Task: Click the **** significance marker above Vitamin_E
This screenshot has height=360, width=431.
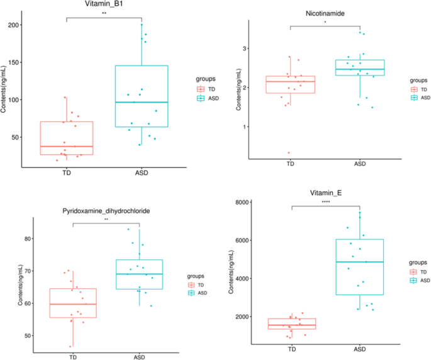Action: pos(325,202)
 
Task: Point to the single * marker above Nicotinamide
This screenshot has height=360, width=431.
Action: pos(325,23)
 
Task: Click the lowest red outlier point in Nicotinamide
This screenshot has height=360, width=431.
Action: pos(289,153)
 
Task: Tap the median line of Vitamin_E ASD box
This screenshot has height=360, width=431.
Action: pos(359,262)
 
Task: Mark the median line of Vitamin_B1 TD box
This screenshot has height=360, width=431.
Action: pos(67,146)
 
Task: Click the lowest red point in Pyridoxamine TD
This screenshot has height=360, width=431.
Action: pos(70,346)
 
